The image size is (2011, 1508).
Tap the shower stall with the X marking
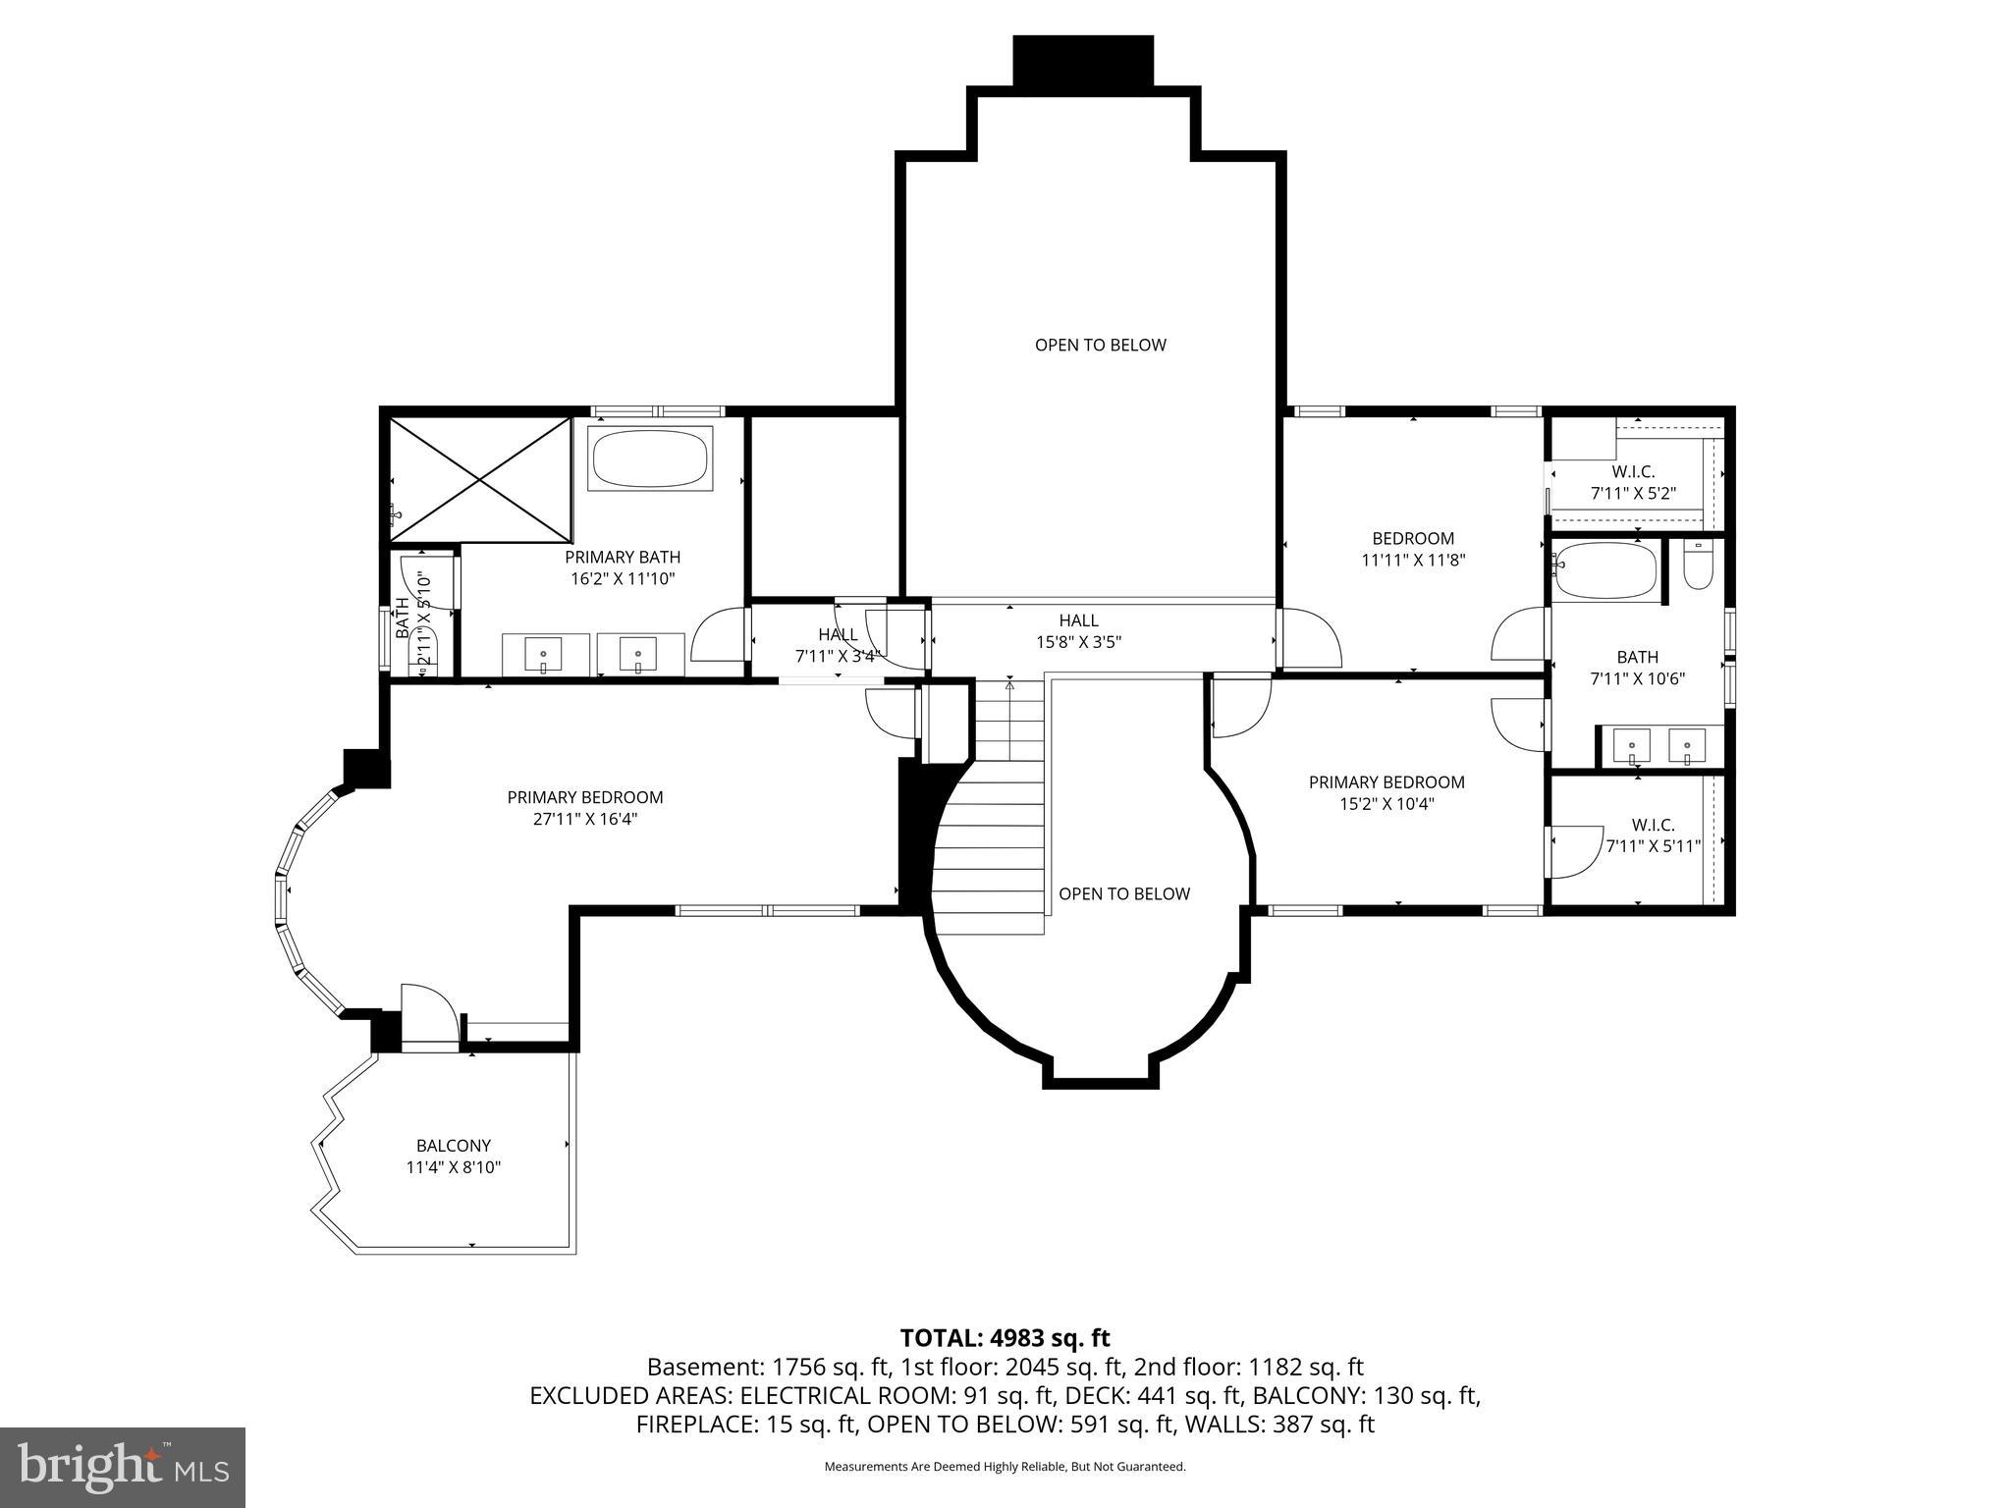[480, 478]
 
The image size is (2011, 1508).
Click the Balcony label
[453, 1146]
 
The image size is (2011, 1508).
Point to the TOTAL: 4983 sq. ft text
[1005, 1337]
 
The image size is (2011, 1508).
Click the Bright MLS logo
[123, 1468]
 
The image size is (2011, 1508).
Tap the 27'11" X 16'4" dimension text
[585, 819]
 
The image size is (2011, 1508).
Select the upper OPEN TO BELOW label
[1100, 345]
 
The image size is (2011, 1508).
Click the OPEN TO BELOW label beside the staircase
[1123, 893]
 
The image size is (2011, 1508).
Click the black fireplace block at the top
[1082, 61]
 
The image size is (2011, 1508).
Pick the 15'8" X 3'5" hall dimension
[1078, 642]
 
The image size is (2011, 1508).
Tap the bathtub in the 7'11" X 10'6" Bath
[1605, 571]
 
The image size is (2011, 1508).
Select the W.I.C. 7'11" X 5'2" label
[1633, 483]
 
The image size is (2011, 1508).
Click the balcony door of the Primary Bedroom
[429, 1018]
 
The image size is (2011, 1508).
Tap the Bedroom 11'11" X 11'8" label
[1413, 549]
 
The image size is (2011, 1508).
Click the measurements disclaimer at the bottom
[1005, 1467]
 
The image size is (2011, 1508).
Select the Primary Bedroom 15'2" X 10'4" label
[1386, 792]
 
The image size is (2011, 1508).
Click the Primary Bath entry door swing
[718, 636]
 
